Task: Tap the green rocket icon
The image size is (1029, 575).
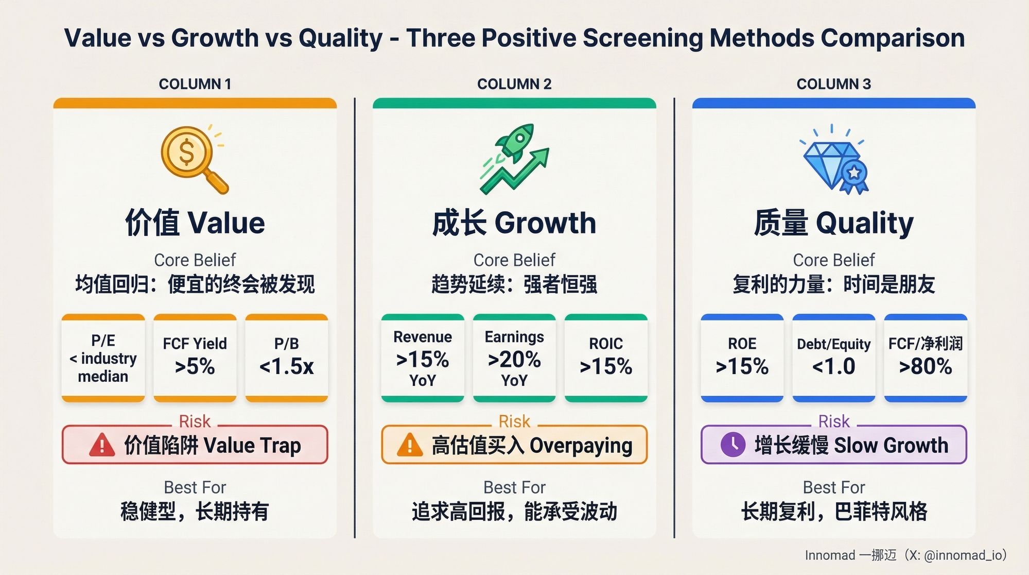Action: pyautogui.click(x=515, y=158)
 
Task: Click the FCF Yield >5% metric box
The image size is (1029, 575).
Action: pyautogui.click(x=195, y=358)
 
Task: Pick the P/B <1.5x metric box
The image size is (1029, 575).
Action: pyautogui.click(x=287, y=358)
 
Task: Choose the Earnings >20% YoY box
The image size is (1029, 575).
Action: pyautogui.click(x=514, y=358)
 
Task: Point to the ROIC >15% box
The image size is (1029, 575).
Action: pyautogui.click(x=606, y=358)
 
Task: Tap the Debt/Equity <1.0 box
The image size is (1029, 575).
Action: pyautogui.click(x=834, y=358)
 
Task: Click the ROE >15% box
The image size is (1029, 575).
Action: pyautogui.click(x=742, y=358)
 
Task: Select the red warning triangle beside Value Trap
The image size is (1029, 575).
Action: pyautogui.click(x=102, y=445)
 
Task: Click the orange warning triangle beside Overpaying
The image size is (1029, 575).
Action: pyautogui.click(x=410, y=445)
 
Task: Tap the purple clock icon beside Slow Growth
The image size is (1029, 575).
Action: pyautogui.click(x=732, y=444)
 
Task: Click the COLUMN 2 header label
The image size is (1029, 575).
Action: pyautogui.click(x=514, y=84)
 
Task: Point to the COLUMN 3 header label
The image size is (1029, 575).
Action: pyautogui.click(x=833, y=84)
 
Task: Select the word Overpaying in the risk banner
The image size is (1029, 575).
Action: pyautogui.click(x=581, y=446)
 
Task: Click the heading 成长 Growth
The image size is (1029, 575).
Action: pyautogui.click(x=514, y=223)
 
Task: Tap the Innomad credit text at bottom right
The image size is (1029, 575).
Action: pyautogui.click(x=905, y=555)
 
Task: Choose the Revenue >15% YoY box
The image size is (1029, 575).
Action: pyautogui.click(x=423, y=358)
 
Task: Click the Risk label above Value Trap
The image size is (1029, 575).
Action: pyautogui.click(x=195, y=421)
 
